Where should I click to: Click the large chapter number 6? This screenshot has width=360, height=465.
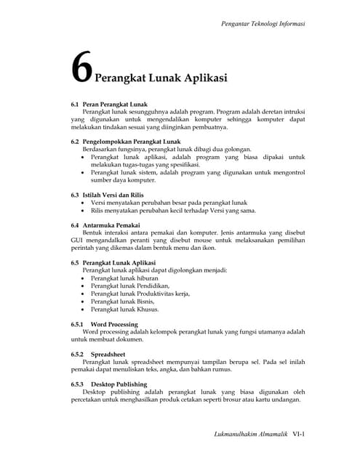point(81,70)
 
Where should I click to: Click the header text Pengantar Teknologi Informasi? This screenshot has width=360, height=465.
point(262,24)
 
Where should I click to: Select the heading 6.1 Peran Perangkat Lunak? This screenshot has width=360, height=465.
point(109,105)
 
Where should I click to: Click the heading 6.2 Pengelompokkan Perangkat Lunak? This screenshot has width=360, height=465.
point(125,141)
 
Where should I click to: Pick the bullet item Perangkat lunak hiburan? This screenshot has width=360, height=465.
point(121,278)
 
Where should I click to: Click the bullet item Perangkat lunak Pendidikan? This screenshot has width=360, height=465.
point(125,287)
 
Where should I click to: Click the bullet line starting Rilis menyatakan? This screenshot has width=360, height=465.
point(173,211)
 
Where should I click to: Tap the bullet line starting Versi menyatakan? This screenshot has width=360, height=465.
point(169,203)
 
